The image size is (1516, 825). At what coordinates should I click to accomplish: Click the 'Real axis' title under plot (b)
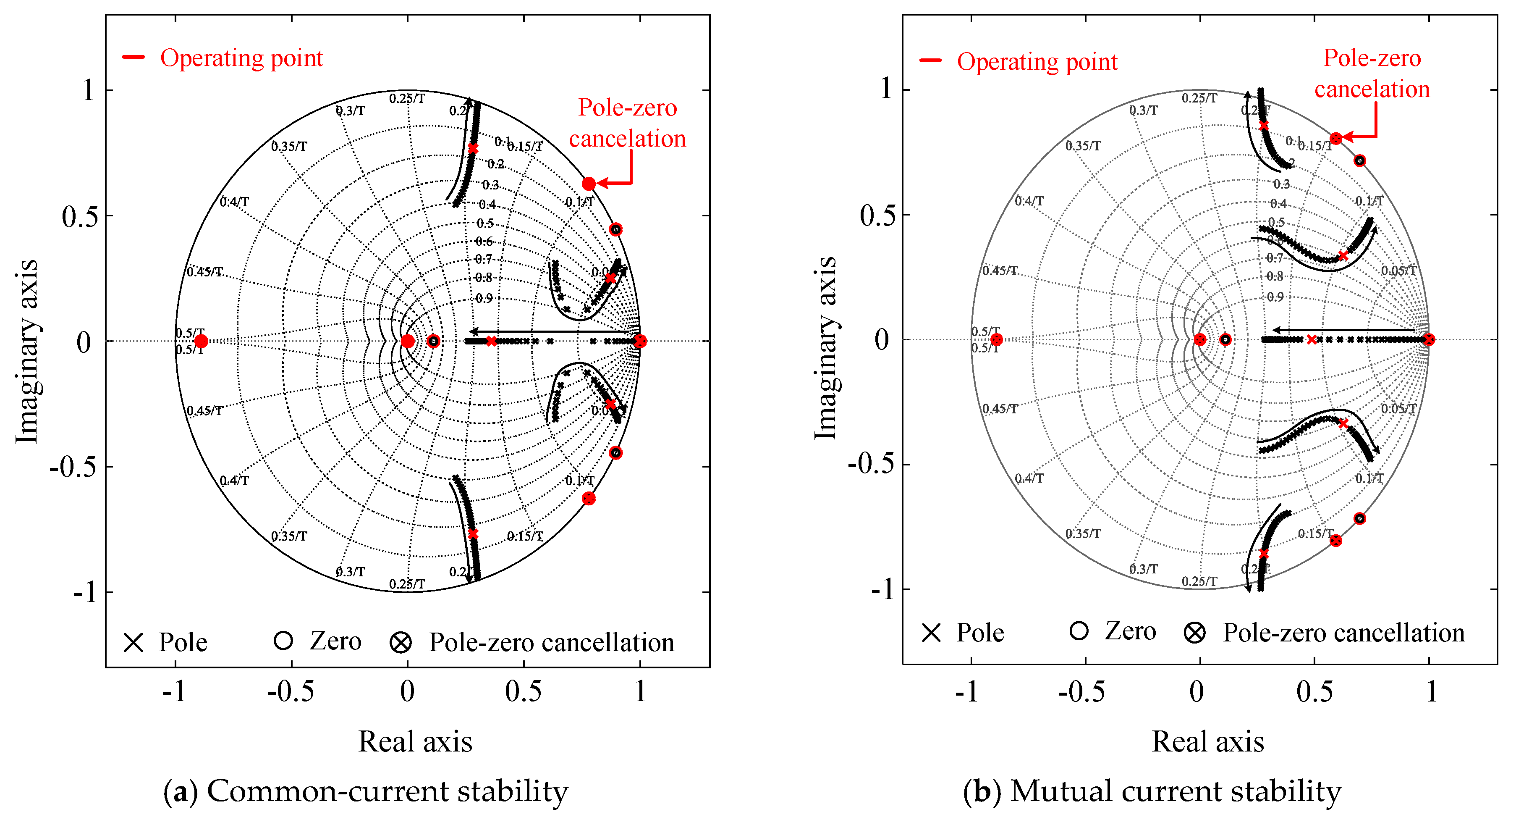[1207, 741]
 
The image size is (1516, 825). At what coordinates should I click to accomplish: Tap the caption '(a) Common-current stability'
[366, 791]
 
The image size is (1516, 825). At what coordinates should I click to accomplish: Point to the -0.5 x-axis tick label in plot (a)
[290, 691]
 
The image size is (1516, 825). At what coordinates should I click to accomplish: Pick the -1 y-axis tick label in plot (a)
[85, 591]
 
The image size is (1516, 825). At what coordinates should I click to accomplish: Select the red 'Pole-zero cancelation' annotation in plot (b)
[1372, 74]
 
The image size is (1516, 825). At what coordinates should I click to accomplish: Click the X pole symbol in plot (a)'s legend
[134, 642]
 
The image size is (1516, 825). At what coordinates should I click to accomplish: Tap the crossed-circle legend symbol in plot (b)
[1195, 633]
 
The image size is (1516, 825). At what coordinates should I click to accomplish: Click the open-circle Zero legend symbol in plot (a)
[283, 641]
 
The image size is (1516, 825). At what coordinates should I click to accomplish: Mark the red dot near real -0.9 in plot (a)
[201, 341]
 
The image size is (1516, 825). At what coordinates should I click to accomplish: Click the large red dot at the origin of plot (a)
[407, 341]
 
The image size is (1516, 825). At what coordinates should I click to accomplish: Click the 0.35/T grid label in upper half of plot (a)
[289, 146]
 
